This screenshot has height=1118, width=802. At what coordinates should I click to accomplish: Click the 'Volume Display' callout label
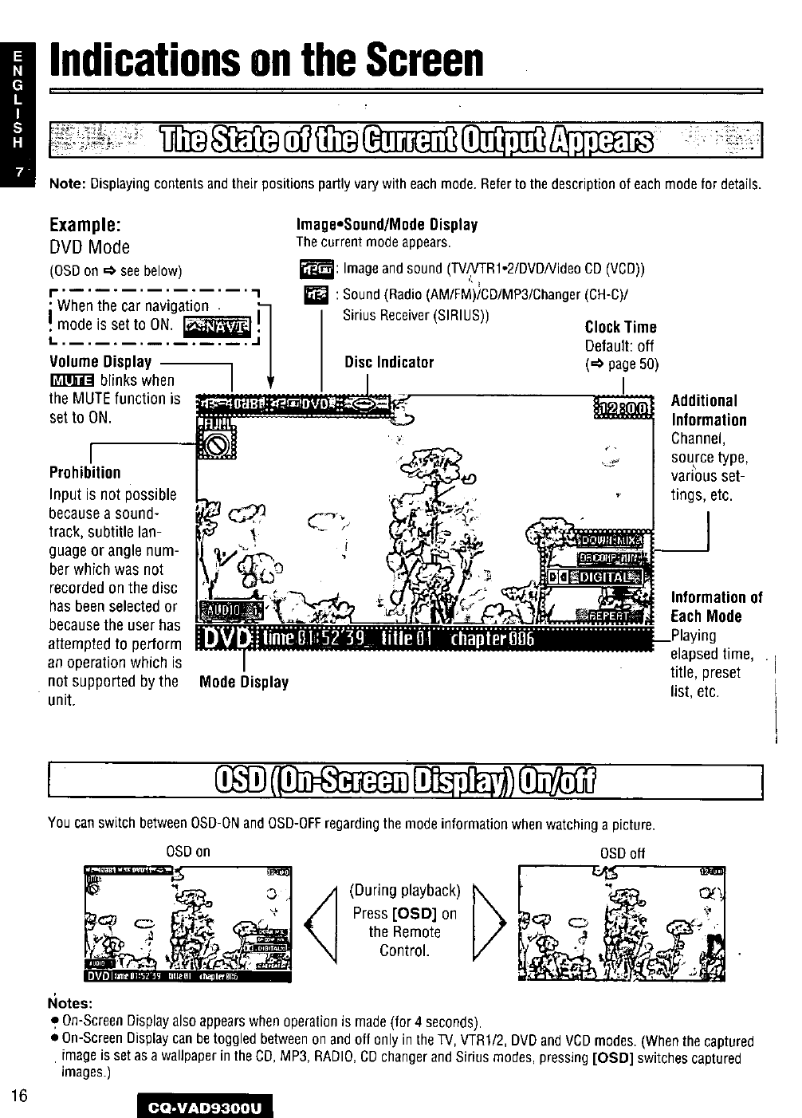(x=100, y=361)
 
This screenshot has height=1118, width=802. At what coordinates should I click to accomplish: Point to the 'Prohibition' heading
(x=85, y=472)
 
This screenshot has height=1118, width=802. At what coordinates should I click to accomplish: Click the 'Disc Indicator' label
(x=389, y=363)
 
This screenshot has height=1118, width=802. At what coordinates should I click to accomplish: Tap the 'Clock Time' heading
(x=621, y=327)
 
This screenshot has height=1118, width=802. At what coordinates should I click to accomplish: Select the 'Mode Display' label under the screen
(x=244, y=682)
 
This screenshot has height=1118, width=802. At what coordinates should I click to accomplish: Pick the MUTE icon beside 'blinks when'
(x=72, y=380)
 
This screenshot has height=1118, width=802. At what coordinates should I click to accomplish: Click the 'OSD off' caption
(x=622, y=852)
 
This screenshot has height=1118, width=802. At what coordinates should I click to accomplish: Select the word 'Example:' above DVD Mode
(x=85, y=224)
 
